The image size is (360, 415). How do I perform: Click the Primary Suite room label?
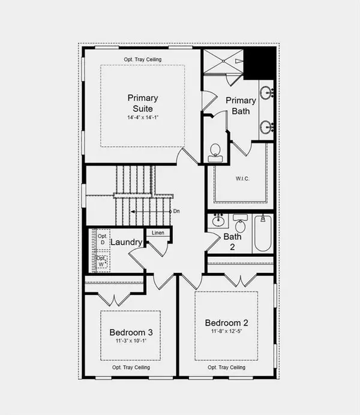(x=142, y=103)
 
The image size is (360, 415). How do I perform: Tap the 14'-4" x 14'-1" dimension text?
(x=142, y=118)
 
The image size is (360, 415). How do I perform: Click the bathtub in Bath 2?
(x=263, y=236)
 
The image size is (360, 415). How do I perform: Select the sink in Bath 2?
(x=218, y=222)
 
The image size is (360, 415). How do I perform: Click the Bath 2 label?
(x=232, y=242)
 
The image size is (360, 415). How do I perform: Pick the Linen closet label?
(x=158, y=233)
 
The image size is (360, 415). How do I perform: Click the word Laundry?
(x=126, y=242)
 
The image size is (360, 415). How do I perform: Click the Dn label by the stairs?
(x=176, y=211)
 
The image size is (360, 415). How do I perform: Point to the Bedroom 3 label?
(x=130, y=332)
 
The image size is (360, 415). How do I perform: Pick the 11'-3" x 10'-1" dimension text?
(x=130, y=341)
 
